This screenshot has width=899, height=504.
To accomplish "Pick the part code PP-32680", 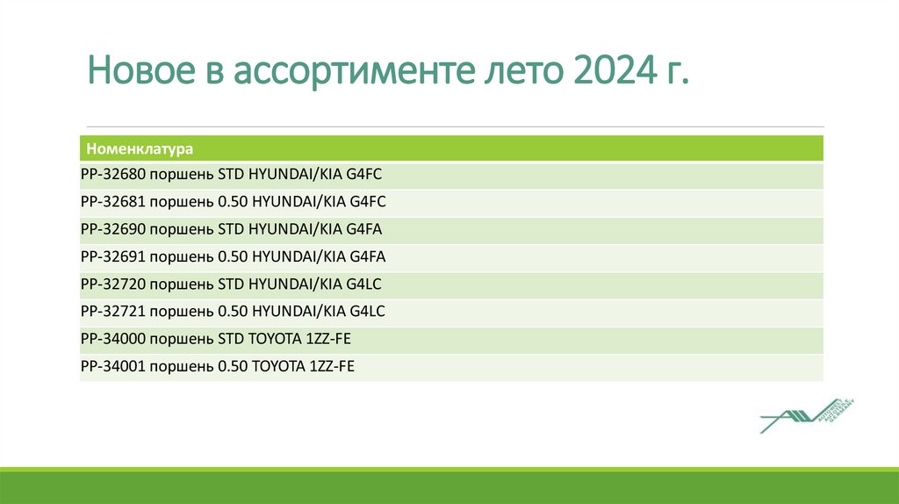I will point(111,175).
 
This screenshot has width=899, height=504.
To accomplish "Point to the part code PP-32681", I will point(111,202).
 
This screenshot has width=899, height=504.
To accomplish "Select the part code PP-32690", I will point(111,229).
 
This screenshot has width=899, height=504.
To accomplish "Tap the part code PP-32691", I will point(111,257).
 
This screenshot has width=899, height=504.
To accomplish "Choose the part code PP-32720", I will point(111,284).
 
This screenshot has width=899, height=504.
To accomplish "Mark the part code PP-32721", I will point(111,312).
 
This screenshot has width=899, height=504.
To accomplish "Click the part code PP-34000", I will point(111,339).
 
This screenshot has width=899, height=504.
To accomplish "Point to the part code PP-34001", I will point(111,366).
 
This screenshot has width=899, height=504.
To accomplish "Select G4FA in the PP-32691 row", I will point(368,257).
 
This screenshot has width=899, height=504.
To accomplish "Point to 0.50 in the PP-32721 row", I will point(232,312).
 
